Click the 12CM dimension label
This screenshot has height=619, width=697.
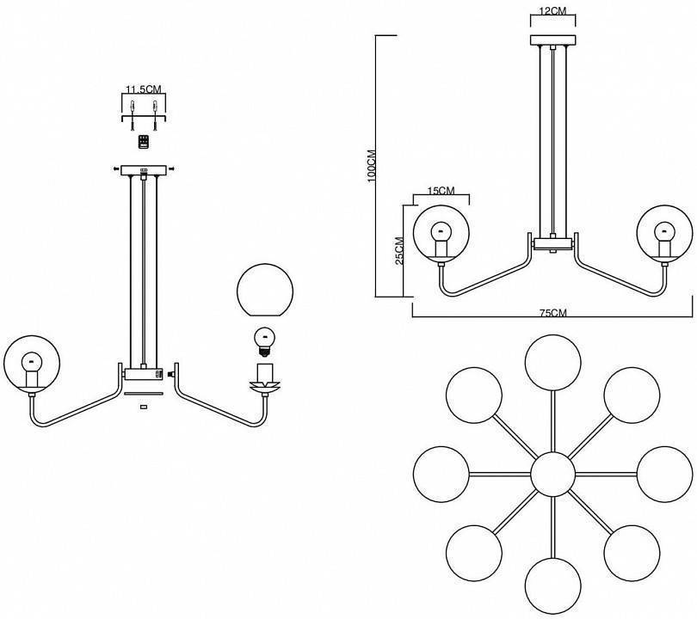pos(552,11)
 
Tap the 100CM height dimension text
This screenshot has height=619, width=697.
pos(372,162)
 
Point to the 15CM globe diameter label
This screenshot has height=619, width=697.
pos(440,191)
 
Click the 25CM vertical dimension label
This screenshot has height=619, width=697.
pos(399,251)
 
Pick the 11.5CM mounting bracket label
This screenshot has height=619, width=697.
pos(143,89)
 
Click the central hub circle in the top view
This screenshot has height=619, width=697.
pos(552,474)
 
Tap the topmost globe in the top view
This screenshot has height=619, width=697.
pos(552,364)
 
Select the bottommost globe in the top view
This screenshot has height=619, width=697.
pos(552,585)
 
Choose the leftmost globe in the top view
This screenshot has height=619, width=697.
pos(441,474)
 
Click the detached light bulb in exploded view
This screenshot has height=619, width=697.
pos(266,340)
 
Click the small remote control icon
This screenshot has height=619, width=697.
pos(143,140)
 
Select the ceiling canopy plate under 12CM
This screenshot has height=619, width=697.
pos(552,40)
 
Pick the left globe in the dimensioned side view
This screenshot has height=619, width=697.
pos(441,233)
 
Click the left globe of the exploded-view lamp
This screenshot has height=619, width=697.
pos(33,365)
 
